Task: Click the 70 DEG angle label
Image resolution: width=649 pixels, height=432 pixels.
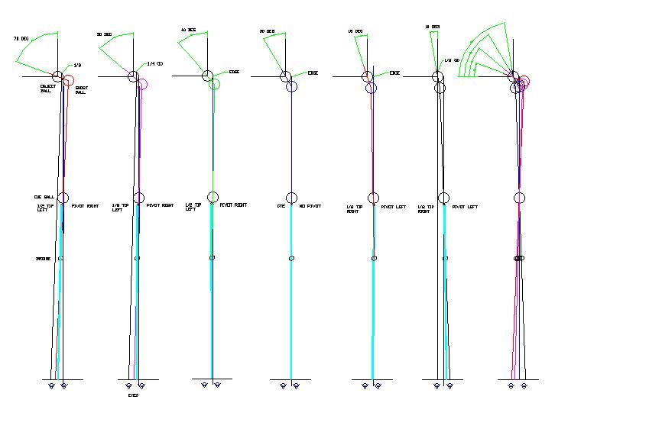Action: pos(20,38)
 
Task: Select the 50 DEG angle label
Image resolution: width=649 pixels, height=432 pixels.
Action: pos(104,35)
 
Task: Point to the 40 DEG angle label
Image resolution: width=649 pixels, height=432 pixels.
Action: pos(187,31)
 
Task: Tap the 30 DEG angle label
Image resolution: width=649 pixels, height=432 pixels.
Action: pos(267,32)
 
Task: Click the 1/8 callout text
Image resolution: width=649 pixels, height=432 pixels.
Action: pos(77,66)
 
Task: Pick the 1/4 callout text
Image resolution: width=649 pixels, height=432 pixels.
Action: pos(156,64)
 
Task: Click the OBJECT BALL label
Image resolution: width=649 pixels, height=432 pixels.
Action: pos(47,89)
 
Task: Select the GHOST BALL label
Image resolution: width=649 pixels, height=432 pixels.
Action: pos(81,90)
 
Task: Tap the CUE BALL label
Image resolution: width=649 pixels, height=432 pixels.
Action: pos(42,197)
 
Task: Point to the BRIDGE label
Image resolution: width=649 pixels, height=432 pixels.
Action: pos(43,259)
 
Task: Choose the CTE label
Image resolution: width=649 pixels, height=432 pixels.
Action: pos(281,206)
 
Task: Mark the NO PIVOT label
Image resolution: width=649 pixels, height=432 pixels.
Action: pos(309,206)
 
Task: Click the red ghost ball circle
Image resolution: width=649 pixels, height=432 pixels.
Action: pos(69,81)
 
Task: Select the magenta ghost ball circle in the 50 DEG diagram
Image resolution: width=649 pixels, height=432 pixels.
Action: pos(143,85)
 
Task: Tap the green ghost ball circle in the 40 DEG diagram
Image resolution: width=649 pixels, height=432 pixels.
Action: pos(215,84)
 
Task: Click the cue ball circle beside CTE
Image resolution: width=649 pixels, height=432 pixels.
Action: pos(291,198)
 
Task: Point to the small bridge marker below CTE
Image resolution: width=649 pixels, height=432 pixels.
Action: pos(291,259)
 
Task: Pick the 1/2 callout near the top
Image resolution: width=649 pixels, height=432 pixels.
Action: pos(449,60)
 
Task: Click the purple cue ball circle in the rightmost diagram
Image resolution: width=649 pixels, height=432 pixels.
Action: pos(520,198)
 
